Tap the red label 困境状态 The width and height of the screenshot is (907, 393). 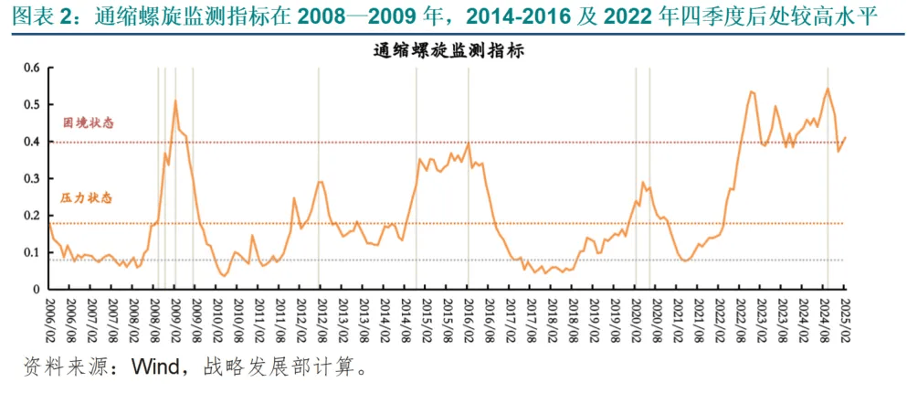coord(88,123)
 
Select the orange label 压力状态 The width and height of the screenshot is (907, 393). coord(88,197)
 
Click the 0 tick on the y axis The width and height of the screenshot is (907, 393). coord(37,289)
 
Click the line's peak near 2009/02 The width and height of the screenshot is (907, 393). coord(175,101)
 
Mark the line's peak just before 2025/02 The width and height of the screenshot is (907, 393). coord(828,89)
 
